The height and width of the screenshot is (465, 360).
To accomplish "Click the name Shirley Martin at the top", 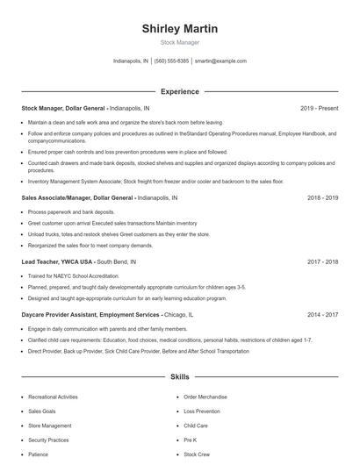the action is coord(180,29).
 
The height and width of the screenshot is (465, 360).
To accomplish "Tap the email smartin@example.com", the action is coord(220,61).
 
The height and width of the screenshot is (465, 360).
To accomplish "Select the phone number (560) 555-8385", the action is coord(171,61).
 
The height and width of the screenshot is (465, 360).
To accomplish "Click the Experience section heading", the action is coord(179,91).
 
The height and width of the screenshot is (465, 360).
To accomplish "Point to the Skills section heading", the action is coord(179,377).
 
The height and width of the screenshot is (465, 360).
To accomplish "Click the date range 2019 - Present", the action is coord(319,108).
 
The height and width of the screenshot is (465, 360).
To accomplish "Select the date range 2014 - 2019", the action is coord(322,314).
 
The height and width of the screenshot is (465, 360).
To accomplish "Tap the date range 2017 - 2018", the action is coord(322,261).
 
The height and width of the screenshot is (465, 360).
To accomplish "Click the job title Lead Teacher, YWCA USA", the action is coord(57,261).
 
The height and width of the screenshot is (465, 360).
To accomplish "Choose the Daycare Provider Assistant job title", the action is coord(90,314).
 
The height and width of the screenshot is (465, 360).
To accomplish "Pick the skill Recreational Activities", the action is coord(54,397).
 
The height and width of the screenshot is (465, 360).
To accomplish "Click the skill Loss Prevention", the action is coord(202,411).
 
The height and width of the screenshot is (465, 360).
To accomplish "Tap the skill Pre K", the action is coord(191,440).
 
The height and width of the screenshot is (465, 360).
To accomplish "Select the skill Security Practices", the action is coord(48,440).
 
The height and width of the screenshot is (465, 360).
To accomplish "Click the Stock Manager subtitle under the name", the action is coord(180,42).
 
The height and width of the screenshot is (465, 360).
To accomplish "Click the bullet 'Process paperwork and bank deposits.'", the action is coord(71,212).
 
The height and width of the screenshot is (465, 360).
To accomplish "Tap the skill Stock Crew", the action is coord(196,454).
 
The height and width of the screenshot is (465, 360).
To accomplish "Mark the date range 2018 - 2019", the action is coord(322,198).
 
